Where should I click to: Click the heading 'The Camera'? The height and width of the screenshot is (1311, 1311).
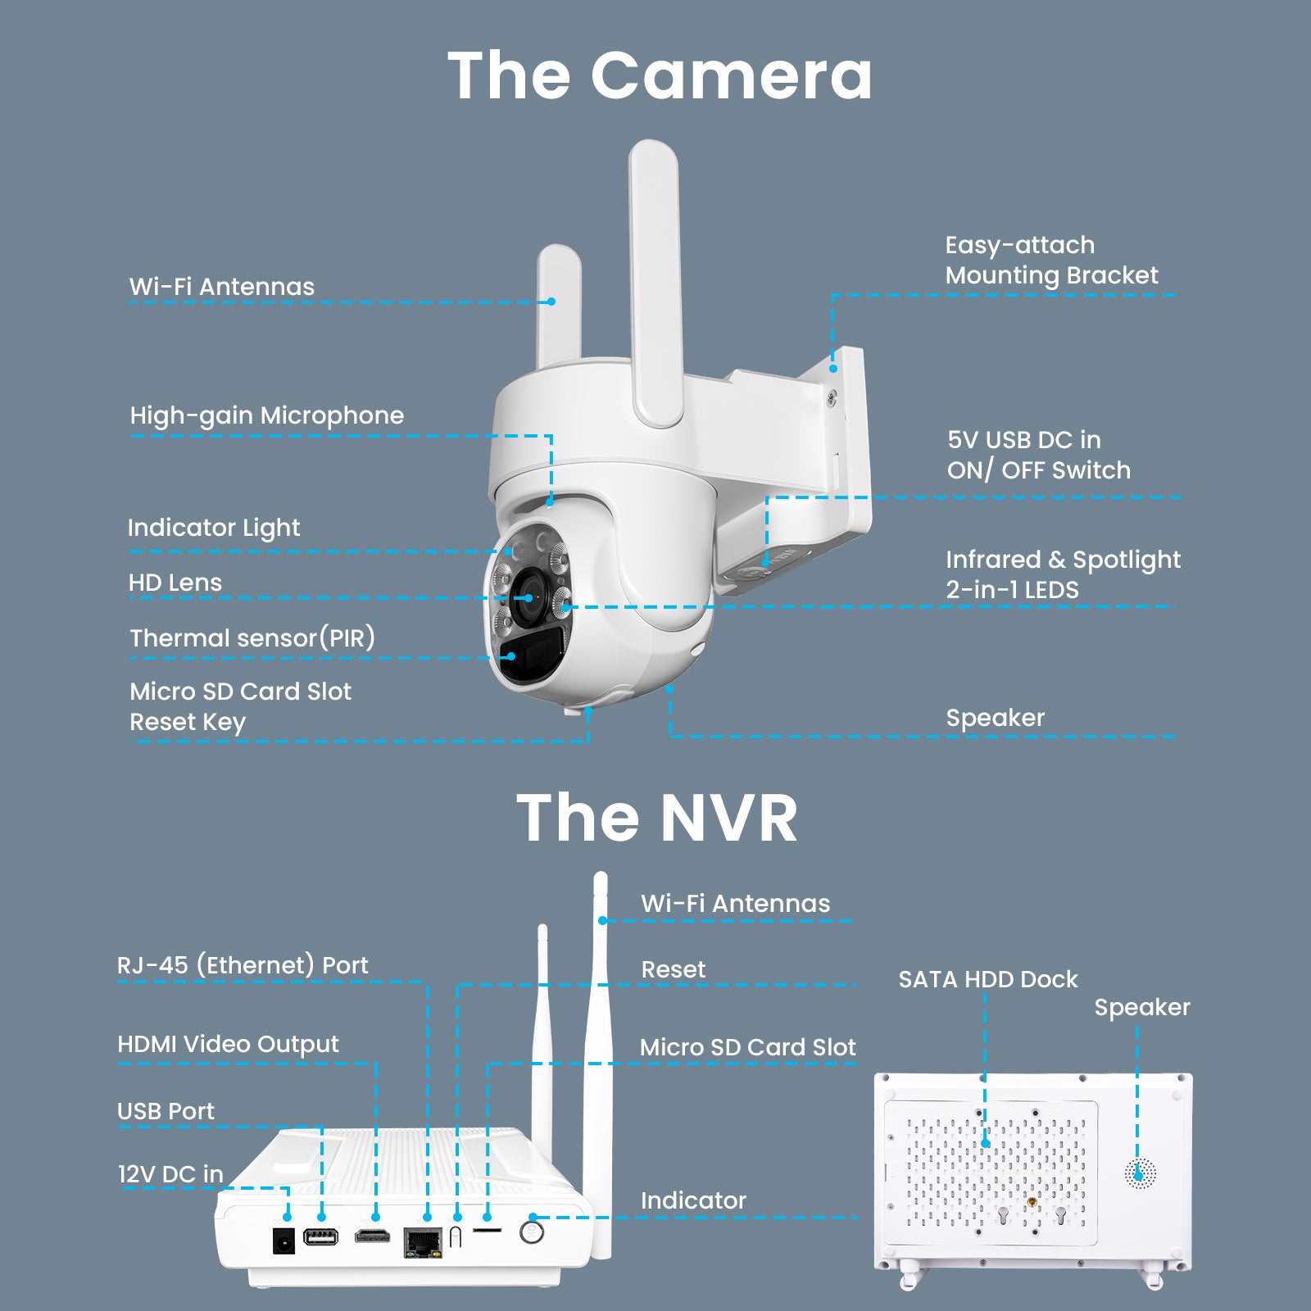(660, 75)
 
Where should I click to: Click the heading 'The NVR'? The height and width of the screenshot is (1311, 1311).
(657, 818)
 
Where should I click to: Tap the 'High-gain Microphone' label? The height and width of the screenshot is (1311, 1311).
(267, 415)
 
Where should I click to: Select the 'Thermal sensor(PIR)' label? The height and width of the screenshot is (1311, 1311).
(252, 637)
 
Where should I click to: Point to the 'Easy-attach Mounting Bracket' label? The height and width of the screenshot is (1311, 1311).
(1052, 260)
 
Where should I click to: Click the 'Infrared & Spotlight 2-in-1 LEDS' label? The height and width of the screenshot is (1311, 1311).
(1064, 574)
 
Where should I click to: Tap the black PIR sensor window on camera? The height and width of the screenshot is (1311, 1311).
(531, 653)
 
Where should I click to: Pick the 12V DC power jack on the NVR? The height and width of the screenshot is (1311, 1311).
(284, 1240)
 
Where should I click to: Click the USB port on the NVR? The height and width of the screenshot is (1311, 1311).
(320, 1236)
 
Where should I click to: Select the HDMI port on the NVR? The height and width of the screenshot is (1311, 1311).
(372, 1236)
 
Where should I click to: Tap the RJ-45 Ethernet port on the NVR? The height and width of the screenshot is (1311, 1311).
(423, 1242)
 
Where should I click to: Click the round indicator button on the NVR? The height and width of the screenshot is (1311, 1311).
(532, 1231)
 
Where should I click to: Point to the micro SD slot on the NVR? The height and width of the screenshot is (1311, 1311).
(488, 1230)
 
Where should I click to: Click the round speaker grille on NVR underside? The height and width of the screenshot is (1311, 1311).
(1140, 1174)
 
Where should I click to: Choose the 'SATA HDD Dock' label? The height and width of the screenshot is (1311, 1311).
(988, 979)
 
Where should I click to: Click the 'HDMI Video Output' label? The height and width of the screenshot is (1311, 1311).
(228, 1044)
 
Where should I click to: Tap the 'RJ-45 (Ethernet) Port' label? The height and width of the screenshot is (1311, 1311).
(243, 965)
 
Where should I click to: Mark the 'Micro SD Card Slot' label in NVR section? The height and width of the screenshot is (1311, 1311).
(748, 1047)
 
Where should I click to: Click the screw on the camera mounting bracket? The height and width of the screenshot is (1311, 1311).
(832, 397)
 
